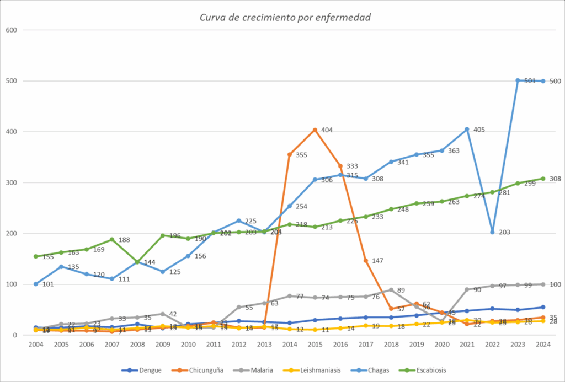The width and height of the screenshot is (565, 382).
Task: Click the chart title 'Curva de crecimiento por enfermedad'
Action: [285, 17]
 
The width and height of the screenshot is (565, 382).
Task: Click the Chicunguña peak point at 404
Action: [315, 130]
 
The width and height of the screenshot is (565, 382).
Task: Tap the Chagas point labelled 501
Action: [518, 80]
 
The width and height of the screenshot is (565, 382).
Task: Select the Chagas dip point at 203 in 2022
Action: [492, 232]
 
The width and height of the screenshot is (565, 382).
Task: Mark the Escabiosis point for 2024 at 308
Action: [543, 179]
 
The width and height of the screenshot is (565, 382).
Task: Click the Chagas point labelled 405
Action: [467, 130]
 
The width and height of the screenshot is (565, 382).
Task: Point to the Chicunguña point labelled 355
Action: [289, 155]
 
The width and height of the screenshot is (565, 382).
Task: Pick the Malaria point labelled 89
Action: [391, 290]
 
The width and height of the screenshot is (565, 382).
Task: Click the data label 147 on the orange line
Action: [377, 260]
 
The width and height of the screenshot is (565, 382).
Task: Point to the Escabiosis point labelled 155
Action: [36, 256]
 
